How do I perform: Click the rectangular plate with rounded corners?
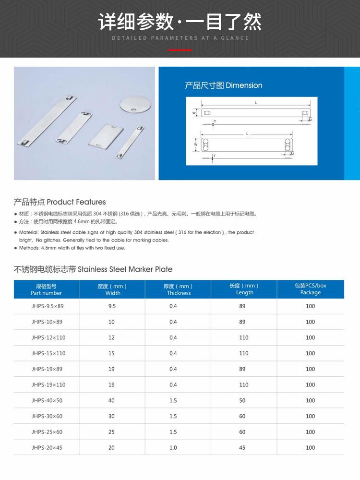(x=106, y=136)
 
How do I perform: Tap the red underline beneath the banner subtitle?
(x=180, y=50)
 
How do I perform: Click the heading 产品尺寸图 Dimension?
(x=224, y=85)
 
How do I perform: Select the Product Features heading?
(x=60, y=202)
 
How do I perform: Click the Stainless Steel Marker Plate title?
(x=93, y=269)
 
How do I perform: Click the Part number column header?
(x=47, y=289)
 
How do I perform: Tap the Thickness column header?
(x=179, y=289)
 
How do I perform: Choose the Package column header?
(x=311, y=289)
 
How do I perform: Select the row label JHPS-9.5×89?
(x=48, y=306)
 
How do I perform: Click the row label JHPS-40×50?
(x=47, y=400)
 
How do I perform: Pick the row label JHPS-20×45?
(x=47, y=447)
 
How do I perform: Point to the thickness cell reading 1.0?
(x=173, y=447)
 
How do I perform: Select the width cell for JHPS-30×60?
(x=112, y=416)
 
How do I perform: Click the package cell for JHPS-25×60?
(x=311, y=432)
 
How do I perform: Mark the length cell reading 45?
(x=242, y=447)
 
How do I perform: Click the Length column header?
(x=244, y=289)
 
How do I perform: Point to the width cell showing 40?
(x=112, y=400)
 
